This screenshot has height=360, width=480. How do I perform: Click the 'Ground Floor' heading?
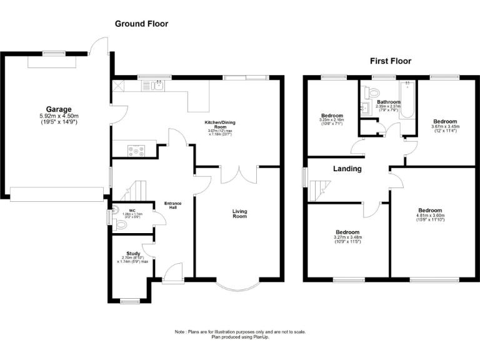click(x=141, y=24)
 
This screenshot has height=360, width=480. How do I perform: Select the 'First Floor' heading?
click(x=391, y=61)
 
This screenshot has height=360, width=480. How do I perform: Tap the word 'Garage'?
click(x=58, y=109)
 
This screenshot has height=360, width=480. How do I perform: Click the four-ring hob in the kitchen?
click(x=136, y=150)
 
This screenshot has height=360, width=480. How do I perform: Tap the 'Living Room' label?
click(x=240, y=214)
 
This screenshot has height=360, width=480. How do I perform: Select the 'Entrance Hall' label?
click(x=172, y=206)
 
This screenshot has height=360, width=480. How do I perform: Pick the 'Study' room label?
click(x=133, y=254)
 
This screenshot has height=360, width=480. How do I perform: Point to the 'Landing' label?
click(x=347, y=169)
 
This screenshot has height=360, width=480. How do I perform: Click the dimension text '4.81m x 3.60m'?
click(x=430, y=216)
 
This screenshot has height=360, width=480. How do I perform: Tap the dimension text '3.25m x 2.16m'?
click(x=332, y=121)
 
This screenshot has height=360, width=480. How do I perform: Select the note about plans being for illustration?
click(x=240, y=334)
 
